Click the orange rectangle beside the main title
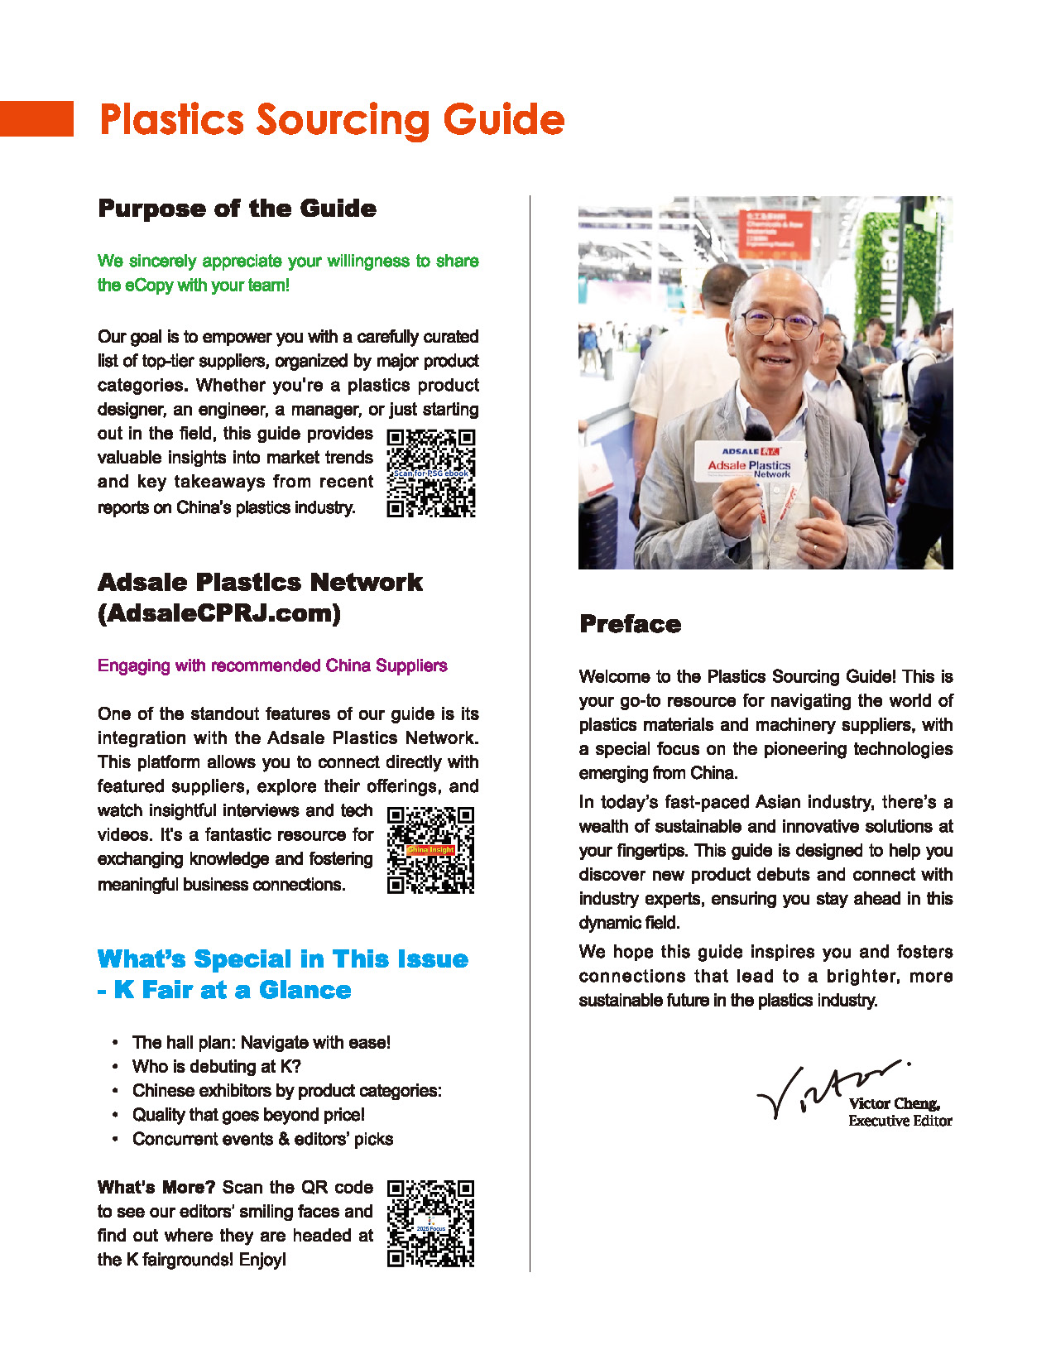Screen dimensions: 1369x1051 click(36, 118)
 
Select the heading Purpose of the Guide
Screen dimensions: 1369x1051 click(237, 208)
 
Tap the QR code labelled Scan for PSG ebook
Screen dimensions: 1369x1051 click(431, 473)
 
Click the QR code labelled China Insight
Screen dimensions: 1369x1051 click(431, 850)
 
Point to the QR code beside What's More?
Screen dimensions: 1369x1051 click(431, 1223)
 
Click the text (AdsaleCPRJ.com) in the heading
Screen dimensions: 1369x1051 click(219, 613)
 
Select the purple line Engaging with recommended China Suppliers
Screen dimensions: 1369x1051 click(272, 665)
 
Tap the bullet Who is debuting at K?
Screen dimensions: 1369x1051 click(217, 1066)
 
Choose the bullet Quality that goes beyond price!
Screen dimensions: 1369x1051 click(248, 1114)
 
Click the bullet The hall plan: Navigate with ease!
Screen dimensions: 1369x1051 click(262, 1042)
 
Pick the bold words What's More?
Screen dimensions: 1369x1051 click(156, 1187)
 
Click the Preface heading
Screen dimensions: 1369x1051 click(631, 624)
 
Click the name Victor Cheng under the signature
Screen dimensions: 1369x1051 click(894, 1103)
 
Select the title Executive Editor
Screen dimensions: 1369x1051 click(900, 1121)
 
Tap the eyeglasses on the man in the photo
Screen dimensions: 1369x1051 click(778, 322)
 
